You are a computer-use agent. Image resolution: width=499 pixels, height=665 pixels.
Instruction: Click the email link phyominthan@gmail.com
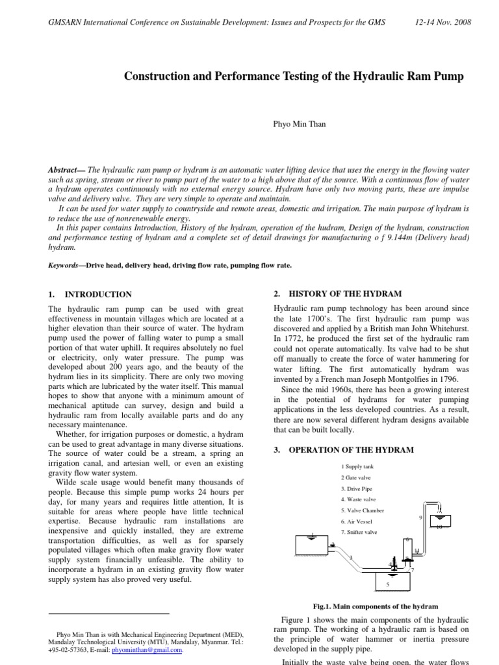(147, 649)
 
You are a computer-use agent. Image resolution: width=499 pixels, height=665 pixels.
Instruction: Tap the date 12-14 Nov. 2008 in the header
(443, 22)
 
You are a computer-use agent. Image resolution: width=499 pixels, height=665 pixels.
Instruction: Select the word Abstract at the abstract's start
(63, 169)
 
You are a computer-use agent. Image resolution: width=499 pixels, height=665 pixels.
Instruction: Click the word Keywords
(63, 265)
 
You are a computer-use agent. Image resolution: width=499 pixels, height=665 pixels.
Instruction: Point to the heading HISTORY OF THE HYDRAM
(344, 294)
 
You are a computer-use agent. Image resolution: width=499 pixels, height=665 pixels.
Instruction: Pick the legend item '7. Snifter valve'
(359, 532)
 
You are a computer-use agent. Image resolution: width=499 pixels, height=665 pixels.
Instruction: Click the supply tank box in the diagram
(311, 545)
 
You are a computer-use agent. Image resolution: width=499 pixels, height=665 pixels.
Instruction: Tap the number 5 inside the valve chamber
(388, 584)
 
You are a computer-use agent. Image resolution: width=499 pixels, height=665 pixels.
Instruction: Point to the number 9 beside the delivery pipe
(421, 517)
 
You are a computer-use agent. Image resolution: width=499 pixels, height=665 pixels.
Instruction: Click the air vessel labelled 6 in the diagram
(407, 549)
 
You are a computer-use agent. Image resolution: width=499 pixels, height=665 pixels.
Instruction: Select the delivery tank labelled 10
(440, 521)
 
